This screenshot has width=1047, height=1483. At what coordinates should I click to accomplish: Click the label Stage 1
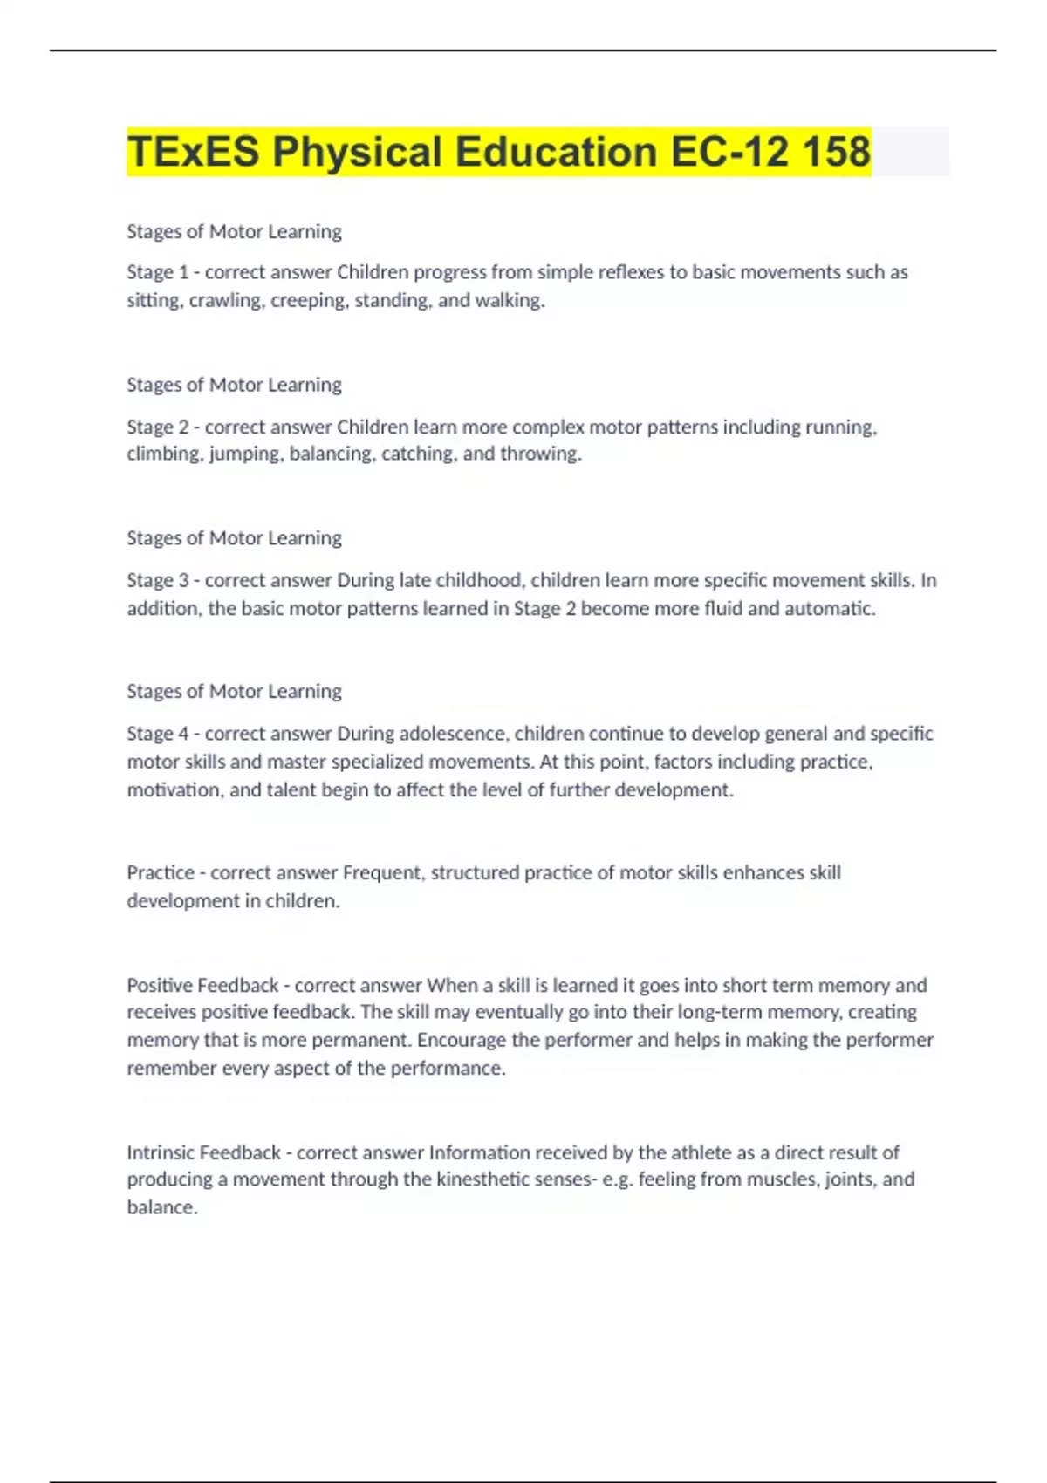coord(157,272)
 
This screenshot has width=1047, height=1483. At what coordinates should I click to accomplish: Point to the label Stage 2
coord(157,427)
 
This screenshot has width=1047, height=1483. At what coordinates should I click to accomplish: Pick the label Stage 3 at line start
coord(157,580)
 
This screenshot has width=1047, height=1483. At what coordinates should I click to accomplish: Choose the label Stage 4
coord(157,734)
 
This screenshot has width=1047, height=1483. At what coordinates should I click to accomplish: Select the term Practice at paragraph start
coord(161,872)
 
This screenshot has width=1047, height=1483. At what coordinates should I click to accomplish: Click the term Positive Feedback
coord(202,985)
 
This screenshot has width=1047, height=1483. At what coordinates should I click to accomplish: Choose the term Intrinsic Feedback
coord(203,1152)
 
